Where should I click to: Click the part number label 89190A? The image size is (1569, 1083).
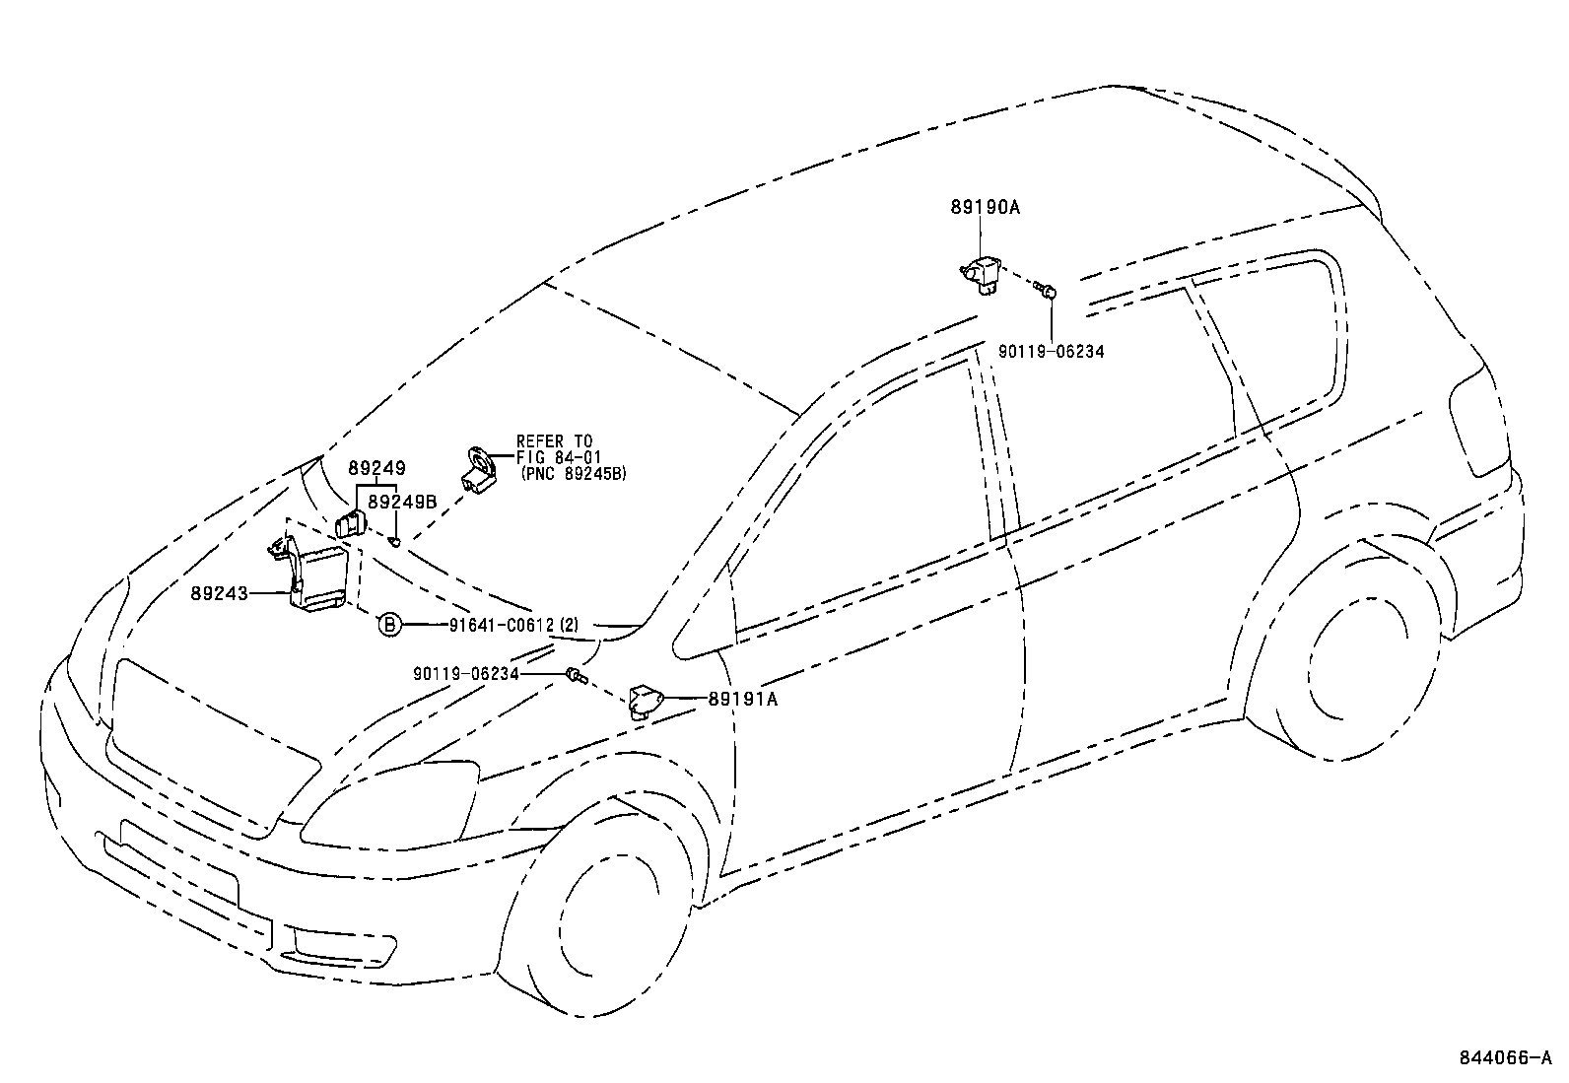coord(985,208)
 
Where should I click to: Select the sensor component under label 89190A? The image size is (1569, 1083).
coord(981,273)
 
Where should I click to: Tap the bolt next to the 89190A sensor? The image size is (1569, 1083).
coord(1049,291)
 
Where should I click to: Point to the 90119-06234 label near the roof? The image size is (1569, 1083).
coord(1051,349)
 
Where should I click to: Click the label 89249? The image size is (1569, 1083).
coord(375,469)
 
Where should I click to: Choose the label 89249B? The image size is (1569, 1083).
coord(401,502)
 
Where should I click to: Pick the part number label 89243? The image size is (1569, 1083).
coord(219,593)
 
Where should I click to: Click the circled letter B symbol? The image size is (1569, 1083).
coord(389,624)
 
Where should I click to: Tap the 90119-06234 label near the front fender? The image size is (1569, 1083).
coord(466,673)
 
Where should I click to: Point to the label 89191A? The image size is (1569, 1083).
coord(742,699)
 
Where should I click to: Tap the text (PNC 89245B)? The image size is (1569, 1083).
coord(574,474)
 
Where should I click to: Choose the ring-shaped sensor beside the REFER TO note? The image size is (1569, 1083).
coord(479,468)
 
